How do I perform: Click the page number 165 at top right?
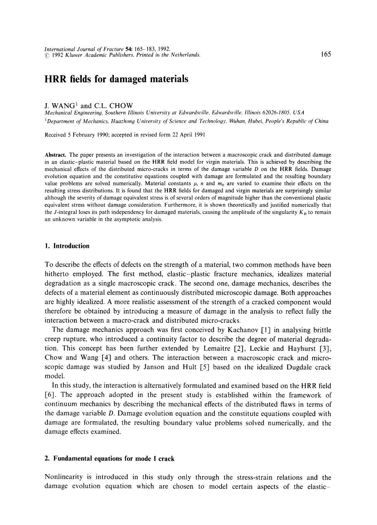(x=325, y=54)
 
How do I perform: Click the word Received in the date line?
(x=55, y=135)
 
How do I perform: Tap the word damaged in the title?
(x=128, y=79)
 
